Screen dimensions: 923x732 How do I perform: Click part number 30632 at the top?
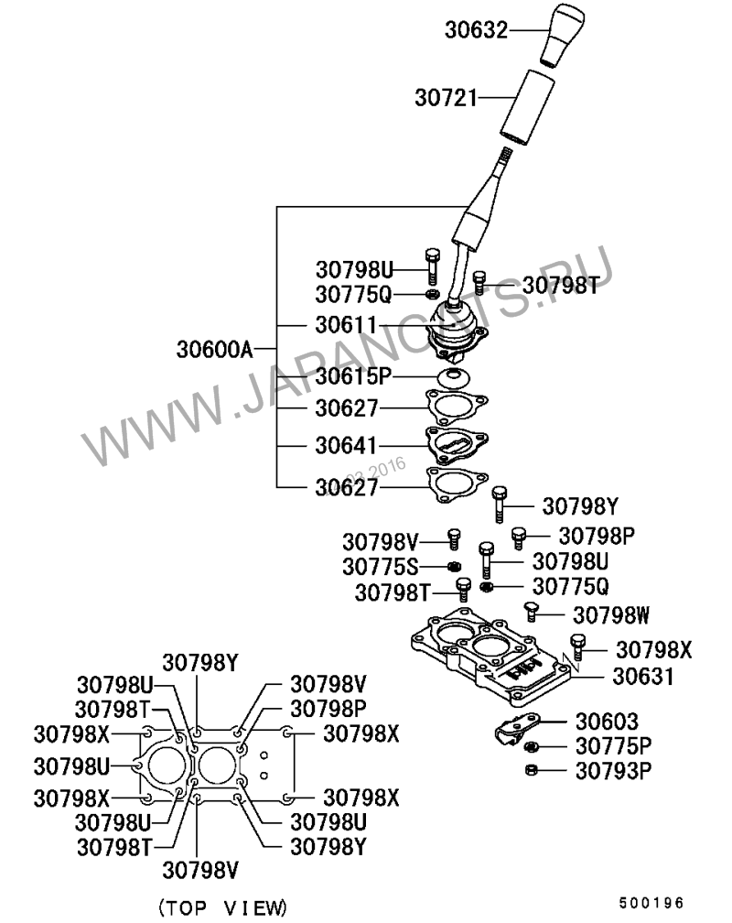pos(476,30)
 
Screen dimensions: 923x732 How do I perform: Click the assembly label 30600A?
pos(214,349)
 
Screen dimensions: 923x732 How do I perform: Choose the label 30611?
pos(346,325)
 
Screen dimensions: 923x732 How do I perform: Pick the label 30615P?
pos(353,376)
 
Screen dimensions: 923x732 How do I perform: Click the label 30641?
pos(346,446)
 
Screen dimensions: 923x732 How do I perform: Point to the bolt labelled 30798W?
pos(532,611)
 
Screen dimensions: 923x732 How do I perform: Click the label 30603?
pos(608,722)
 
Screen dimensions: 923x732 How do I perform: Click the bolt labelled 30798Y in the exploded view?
pos(498,502)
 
